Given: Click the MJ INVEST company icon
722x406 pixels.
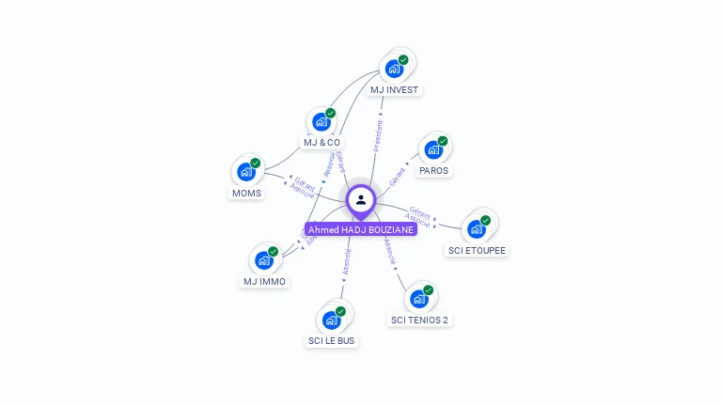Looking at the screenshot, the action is (x=395, y=68).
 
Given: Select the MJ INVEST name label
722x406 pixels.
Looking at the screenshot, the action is (x=394, y=90).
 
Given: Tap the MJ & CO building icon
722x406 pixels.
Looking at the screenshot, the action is (x=322, y=121).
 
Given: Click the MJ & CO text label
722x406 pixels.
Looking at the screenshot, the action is (x=322, y=143).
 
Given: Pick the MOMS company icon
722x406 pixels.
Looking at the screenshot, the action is (x=246, y=171).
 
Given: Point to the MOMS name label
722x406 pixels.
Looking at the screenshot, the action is (x=246, y=194).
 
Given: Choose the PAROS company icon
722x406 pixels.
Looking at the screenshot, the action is (x=433, y=148).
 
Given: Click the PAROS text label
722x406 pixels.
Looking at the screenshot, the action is (x=433, y=171).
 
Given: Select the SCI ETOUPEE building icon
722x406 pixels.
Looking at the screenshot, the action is (x=477, y=228).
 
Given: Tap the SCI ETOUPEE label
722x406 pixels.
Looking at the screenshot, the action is (x=478, y=250).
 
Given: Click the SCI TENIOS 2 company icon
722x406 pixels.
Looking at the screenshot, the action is (x=419, y=298).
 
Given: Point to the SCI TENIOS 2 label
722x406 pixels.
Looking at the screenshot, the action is (x=419, y=320).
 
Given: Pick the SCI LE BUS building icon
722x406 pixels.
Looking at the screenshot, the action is (x=332, y=319).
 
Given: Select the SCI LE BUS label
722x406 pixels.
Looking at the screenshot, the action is (x=332, y=340).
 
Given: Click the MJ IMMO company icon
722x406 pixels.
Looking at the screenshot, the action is (x=264, y=259).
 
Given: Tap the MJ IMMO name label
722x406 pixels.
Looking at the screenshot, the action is (x=264, y=281).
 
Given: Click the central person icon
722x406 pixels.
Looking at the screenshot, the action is (x=361, y=199).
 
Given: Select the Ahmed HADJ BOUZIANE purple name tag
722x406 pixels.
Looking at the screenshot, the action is (x=361, y=229).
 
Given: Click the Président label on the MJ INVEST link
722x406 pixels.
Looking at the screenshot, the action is (x=378, y=134).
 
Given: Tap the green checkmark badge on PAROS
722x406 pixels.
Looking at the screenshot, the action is (x=442, y=141).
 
